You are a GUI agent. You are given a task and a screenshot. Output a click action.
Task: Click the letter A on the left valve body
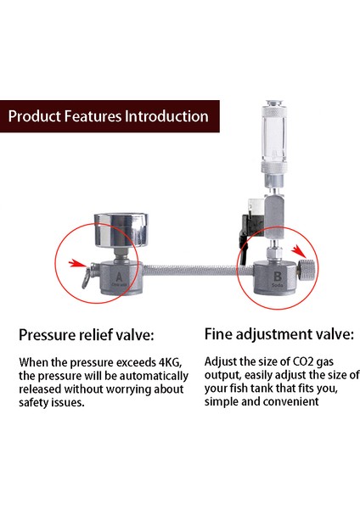point(118,277)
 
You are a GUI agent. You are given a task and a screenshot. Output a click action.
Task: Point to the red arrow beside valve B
point(297,250)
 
